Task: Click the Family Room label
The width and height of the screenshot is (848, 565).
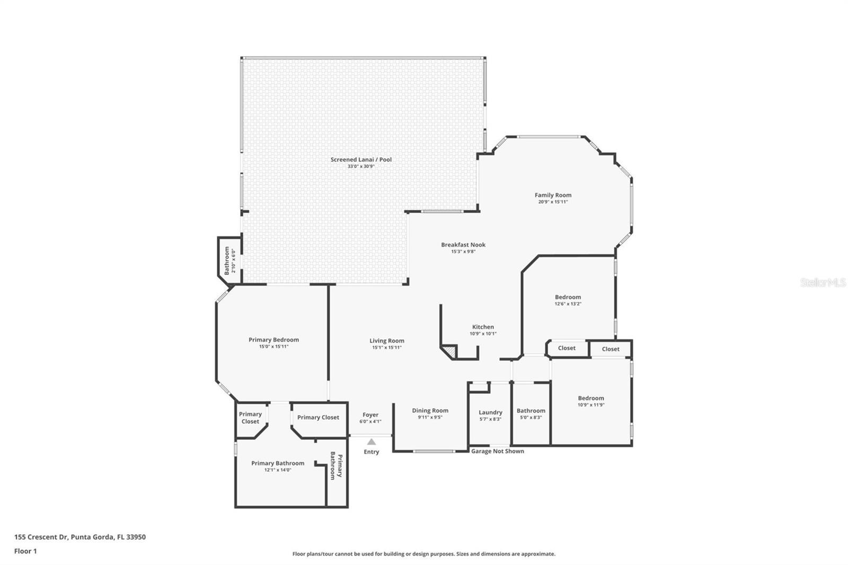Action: [553, 195]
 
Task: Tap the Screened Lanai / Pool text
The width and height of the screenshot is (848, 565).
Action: [361, 160]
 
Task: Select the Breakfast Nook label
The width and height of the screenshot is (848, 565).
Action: [463, 245]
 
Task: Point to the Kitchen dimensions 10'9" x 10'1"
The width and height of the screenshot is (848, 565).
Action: [483, 334]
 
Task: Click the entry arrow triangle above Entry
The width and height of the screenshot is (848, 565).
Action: [372, 442]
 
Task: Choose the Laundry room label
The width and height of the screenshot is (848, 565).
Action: [490, 412]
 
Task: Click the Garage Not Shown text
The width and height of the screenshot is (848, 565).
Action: [497, 451]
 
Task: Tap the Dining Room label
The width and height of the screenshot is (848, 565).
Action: [430, 410]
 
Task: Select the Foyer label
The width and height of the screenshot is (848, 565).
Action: [370, 415]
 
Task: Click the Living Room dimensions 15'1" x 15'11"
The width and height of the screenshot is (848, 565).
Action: [387, 348]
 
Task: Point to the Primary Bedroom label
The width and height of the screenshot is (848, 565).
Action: [273, 340]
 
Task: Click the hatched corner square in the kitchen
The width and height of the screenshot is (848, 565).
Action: [450, 351]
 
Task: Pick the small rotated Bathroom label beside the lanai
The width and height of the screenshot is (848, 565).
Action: [227, 260]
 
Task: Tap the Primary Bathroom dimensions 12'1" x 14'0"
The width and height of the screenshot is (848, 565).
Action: [278, 470]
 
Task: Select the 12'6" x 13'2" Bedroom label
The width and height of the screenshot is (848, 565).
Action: [568, 297]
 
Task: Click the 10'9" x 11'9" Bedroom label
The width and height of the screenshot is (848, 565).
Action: [591, 398]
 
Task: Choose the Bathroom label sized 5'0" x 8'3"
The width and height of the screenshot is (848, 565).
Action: [531, 411]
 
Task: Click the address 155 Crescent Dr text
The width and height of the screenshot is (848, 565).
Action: [79, 537]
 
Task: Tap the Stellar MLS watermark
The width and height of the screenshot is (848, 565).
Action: [823, 282]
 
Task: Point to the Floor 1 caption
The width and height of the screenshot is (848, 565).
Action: [25, 551]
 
